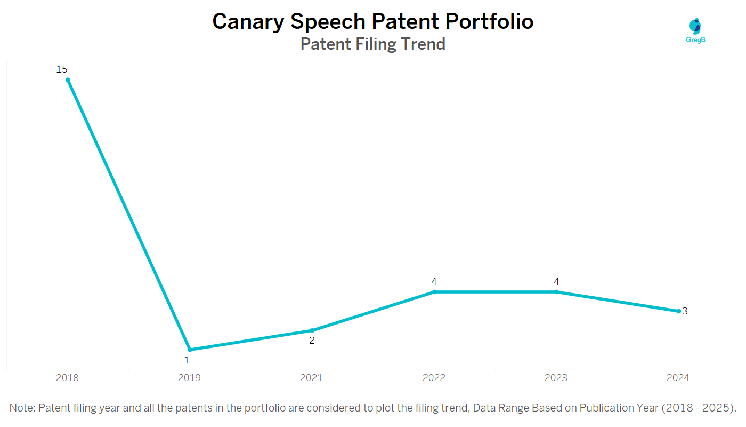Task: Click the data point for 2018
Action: pyautogui.click(x=68, y=80)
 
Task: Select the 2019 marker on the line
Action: pyautogui.click(x=190, y=350)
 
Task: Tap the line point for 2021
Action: pyautogui.click(x=312, y=330)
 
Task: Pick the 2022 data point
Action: pyautogui.click(x=434, y=292)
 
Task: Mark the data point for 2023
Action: pyautogui.click(x=556, y=292)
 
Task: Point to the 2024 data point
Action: pyautogui.click(x=678, y=311)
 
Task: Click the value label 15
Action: pyautogui.click(x=62, y=69)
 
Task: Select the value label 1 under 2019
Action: pyautogui.click(x=186, y=360)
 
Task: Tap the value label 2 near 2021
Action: pyautogui.click(x=312, y=341)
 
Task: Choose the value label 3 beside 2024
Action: pyautogui.click(x=685, y=311)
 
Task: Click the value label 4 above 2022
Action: pyautogui.click(x=434, y=282)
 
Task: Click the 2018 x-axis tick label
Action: pyautogui.click(x=67, y=378)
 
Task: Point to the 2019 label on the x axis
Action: pyautogui.click(x=189, y=378)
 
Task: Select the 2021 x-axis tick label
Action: pyautogui.click(x=311, y=378)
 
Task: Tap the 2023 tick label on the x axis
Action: pyautogui.click(x=556, y=378)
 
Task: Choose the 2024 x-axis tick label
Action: pyautogui.click(x=678, y=378)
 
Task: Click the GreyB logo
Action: pyautogui.click(x=695, y=30)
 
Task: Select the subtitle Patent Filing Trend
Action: pyautogui.click(x=372, y=44)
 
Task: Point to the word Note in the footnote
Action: pyautogui.click(x=21, y=408)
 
